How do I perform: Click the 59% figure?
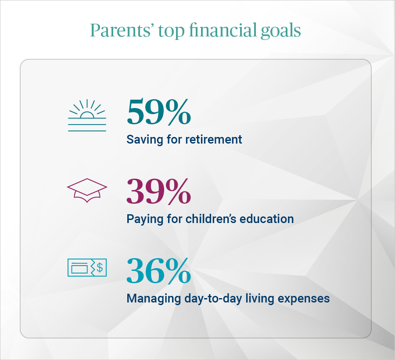(158, 112)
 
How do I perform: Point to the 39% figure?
(158, 192)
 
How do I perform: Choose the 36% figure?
(158, 271)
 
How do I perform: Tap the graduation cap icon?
(87, 190)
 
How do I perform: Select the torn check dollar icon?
(87, 268)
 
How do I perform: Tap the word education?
(268, 219)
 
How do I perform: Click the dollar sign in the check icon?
(100, 268)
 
